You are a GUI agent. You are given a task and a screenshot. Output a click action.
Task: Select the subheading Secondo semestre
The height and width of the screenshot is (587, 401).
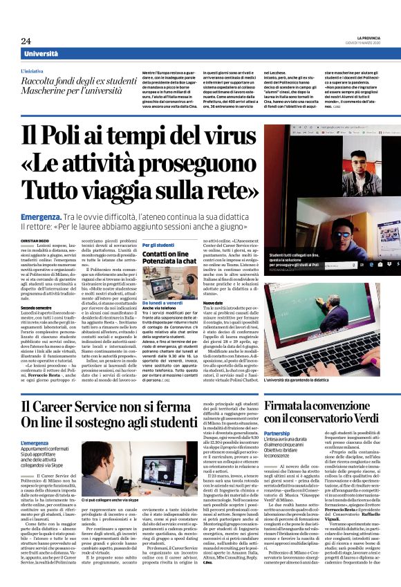tap(38, 307)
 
